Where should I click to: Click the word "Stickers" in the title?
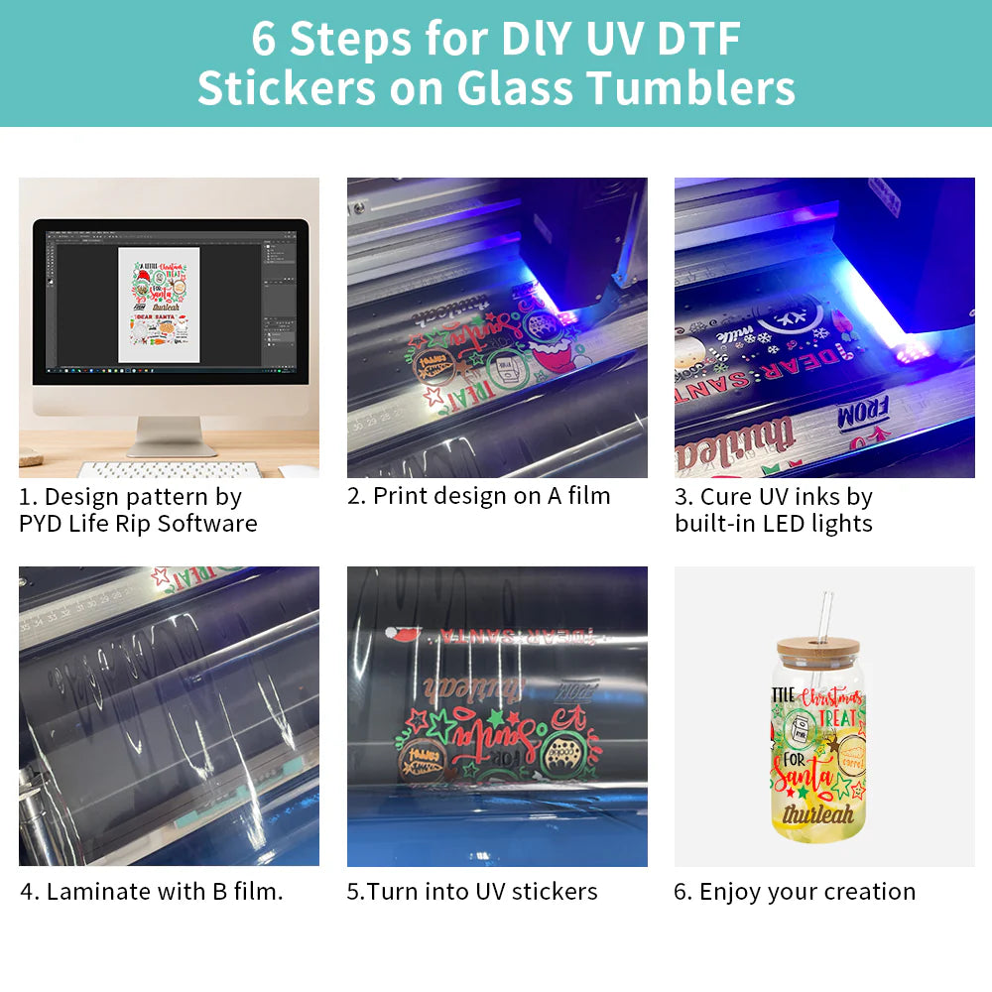(x=286, y=87)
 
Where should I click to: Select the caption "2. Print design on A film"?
(x=478, y=496)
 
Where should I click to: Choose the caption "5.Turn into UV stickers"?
(x=472, y=891)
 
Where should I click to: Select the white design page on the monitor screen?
(x=159, y=305)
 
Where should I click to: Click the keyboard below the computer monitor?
(x=169, y=469)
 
